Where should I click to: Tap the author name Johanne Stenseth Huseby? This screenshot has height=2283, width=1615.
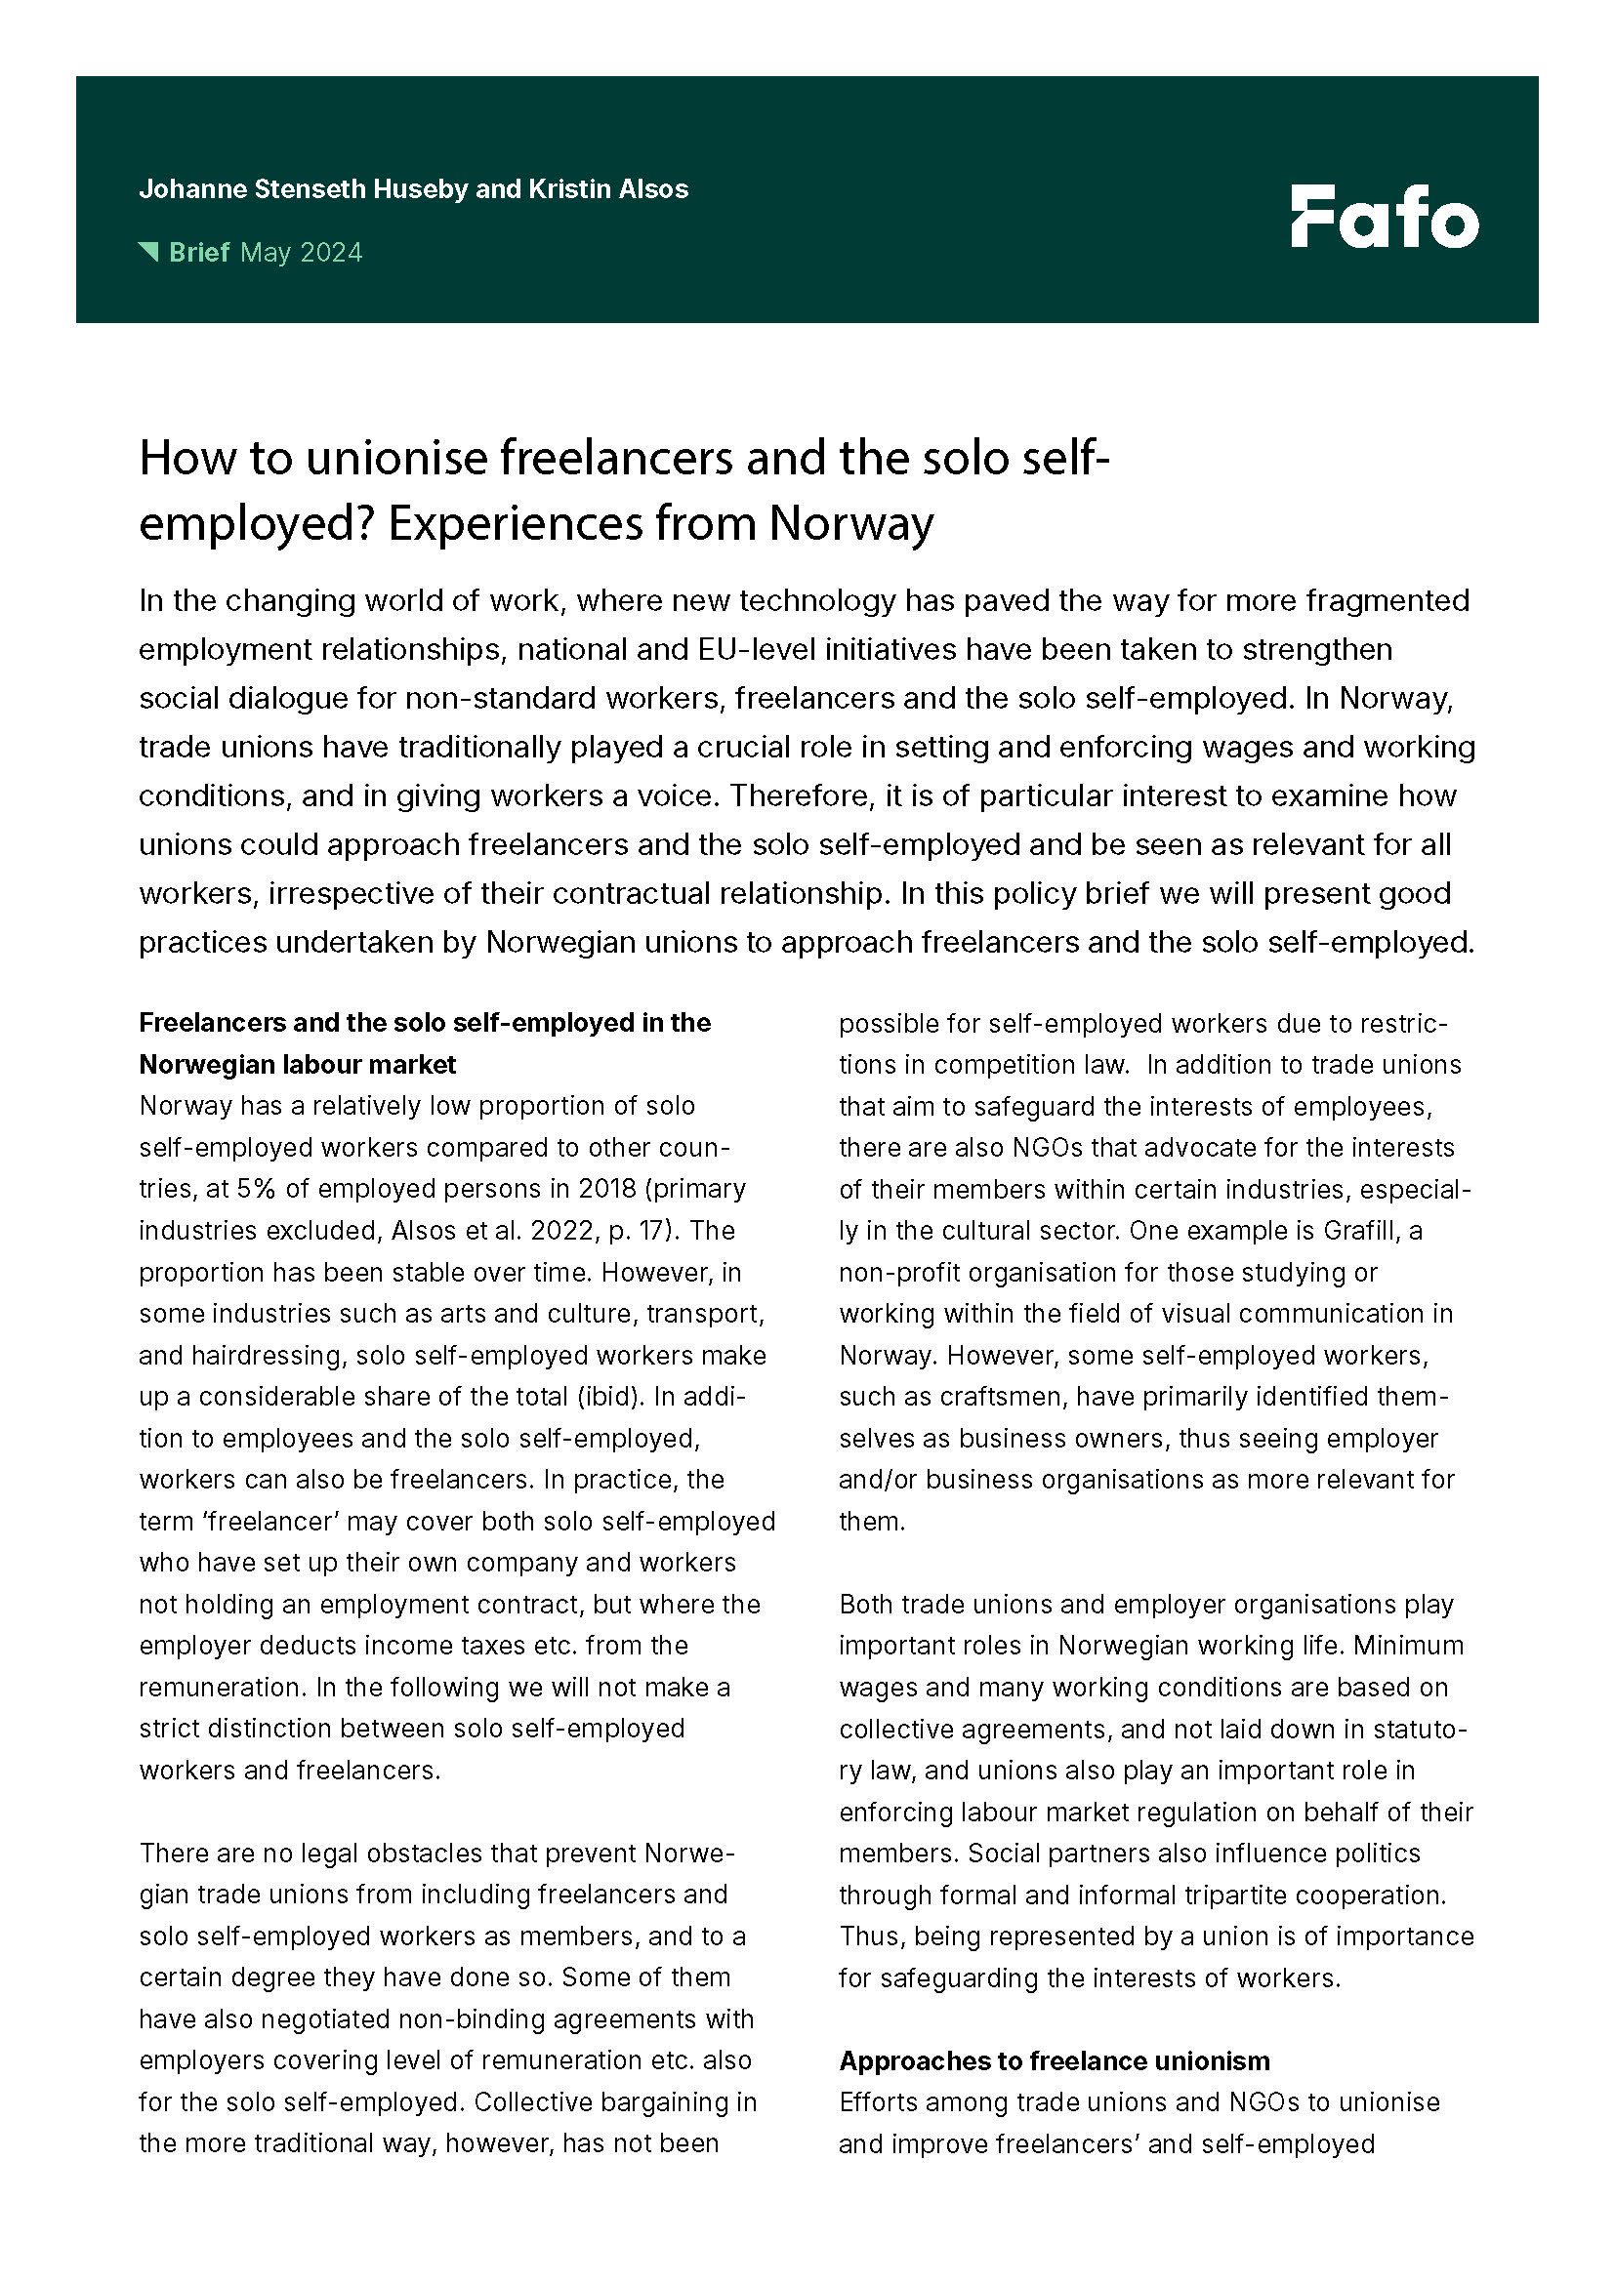tap(303, 189)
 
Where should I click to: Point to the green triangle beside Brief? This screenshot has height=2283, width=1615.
tap(148, 252)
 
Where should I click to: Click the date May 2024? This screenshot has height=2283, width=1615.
tap(302, 253)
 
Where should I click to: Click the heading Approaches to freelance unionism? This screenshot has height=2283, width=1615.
tap(1055, 2061)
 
